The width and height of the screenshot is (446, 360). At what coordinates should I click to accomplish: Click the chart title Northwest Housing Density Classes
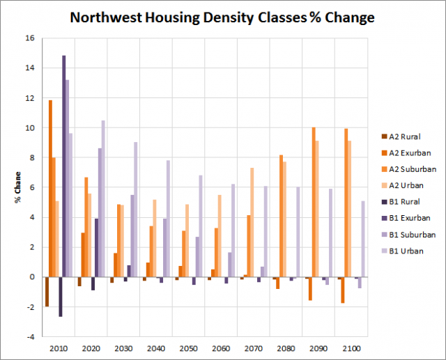222,17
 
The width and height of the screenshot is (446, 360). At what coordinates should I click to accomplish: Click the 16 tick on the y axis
29,38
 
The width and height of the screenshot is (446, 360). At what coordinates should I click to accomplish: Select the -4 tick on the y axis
29,336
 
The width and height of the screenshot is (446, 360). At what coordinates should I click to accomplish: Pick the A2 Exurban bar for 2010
50,188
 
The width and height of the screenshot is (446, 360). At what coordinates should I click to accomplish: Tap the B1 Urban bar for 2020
103,198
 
